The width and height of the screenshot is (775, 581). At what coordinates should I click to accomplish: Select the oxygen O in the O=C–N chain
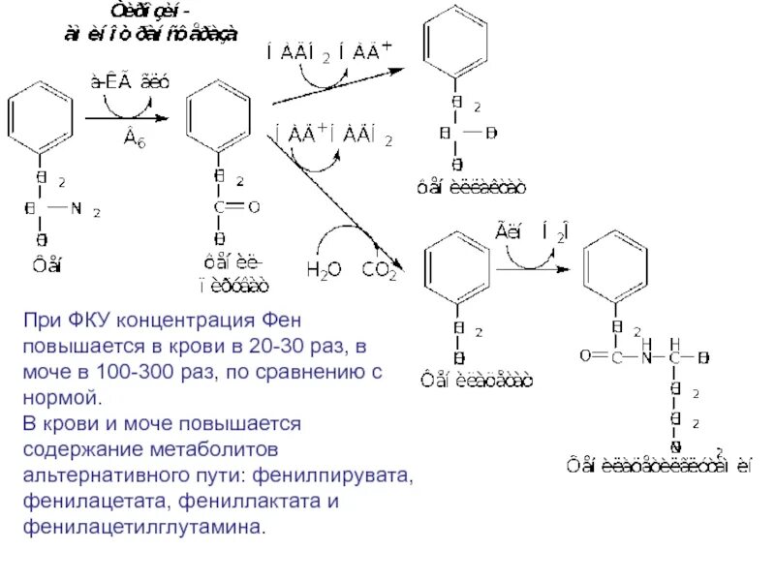(x=585, y=356)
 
